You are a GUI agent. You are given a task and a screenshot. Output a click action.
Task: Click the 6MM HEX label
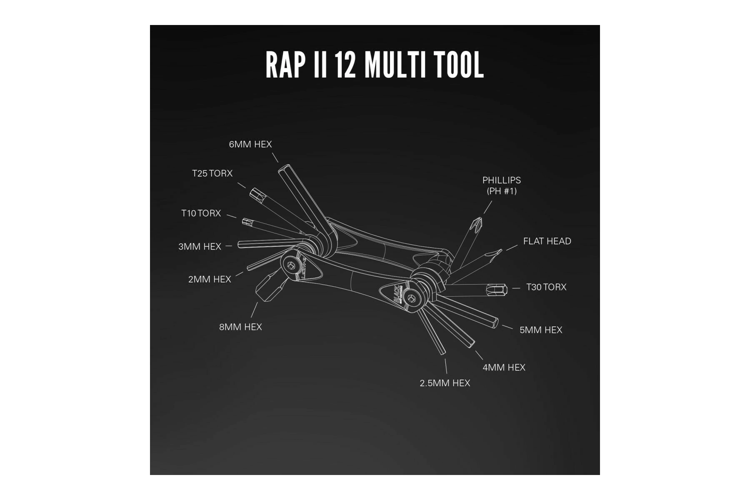point(250,145)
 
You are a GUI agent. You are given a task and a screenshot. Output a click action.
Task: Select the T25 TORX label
point(212,173)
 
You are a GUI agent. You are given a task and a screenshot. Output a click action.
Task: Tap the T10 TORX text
point(201,213)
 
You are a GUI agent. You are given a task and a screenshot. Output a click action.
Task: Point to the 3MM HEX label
point(200,247)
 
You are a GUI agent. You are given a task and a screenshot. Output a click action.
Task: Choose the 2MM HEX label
point(210,280)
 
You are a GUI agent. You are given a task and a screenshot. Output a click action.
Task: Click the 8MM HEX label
point(240,327)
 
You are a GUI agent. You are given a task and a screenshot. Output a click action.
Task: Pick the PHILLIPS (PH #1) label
point(502,186)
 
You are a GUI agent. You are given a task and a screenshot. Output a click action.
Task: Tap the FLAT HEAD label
point(547,241)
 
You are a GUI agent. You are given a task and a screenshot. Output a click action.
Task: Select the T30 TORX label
point(546,287)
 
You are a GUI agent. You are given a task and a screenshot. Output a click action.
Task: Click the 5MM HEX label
point(540,330)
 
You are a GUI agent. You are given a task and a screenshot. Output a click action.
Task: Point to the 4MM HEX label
point(504,367)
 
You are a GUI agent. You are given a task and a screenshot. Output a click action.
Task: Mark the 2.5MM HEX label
point(445,383)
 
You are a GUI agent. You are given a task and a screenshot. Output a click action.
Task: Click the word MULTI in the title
point(395,65)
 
